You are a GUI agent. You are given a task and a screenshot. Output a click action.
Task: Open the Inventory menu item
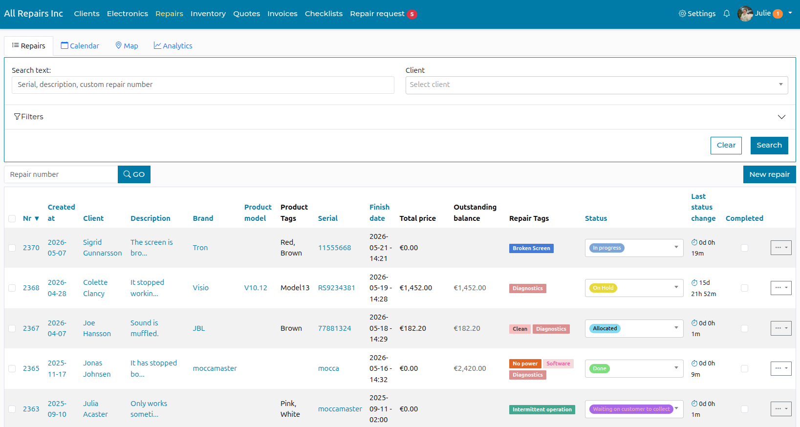[208, 14]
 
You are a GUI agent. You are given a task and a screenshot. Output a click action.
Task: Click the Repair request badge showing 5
[412, 14]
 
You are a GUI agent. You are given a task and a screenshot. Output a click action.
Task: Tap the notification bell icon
[726, 14]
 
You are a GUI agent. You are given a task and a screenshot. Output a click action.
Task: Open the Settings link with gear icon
[697, 14]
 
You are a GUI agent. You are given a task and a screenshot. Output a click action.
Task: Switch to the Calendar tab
[80, 46]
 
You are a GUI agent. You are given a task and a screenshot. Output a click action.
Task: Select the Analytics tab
[173, 46]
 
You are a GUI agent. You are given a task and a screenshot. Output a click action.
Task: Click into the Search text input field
[203, 85]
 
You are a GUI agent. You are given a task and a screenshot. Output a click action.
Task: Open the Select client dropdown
[596, 85]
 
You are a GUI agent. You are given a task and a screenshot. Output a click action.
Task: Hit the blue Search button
[769, 145]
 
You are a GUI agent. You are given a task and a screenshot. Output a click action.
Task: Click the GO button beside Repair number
[134, 174]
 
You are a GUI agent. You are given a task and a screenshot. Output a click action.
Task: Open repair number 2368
[31, 288]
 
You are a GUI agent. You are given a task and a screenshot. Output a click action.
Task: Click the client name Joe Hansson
[97, 328]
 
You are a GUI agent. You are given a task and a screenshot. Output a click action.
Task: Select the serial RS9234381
[336, 288]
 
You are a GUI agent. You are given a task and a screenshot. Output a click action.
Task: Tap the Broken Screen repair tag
[531, 248]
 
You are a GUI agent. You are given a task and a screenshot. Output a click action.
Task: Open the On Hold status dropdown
[634, 288]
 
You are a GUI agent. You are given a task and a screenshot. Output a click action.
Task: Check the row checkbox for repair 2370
[12, 248]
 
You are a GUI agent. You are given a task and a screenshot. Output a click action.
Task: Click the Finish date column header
[379, 213]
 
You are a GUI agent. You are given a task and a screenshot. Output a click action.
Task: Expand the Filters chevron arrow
[781, 117]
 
